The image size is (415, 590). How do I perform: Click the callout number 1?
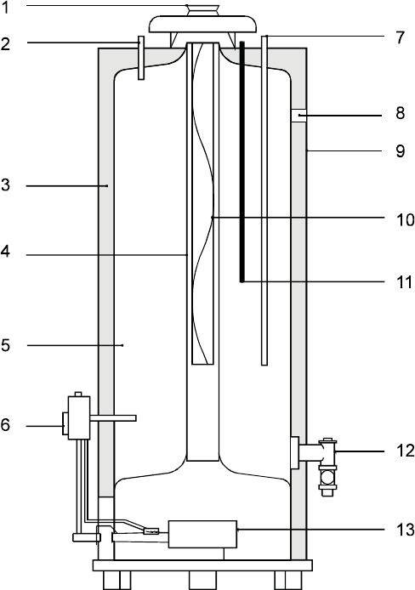[x=5, y=8]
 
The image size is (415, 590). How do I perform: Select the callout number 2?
[x=5, y=44]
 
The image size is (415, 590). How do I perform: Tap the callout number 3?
[x=5, y=185]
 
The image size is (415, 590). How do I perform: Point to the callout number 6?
[x=5, y=425]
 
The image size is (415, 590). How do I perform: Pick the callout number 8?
[x=401, y=113]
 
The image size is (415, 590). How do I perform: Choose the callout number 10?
[x=405, y=219]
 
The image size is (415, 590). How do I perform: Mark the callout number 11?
[x=405, y=282]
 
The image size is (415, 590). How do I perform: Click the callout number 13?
[x=405, y=530]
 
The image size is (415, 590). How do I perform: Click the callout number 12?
[x=405, y=451]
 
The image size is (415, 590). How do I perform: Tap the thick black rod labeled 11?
[x=242, y=162]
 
